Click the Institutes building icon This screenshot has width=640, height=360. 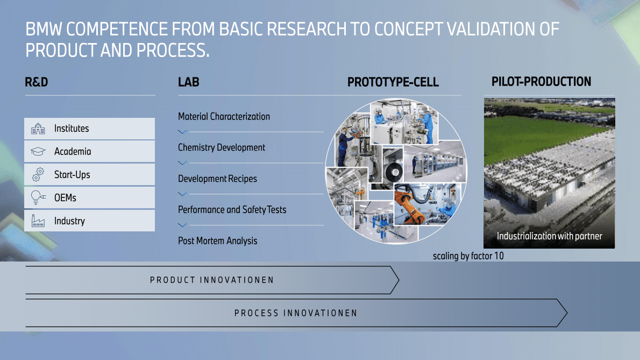coord(38,129)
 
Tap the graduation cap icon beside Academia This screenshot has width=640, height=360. coord(38,151)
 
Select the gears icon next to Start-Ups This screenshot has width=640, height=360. coord(38,174)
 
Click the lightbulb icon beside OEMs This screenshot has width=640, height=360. coord(38,197)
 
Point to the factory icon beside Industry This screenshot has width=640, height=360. coord(38,221)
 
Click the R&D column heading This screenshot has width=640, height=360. coord(37,82)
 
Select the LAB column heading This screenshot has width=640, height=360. coord(189,82)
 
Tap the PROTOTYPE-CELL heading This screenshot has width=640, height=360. coord(393,82)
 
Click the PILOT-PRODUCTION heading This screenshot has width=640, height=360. coord(541,82)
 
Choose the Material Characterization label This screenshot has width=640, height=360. coord(224,117)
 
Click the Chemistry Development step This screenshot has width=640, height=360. coord(222,148)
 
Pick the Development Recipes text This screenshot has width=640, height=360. coord(218,179)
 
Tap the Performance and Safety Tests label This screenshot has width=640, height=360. coord(232,210)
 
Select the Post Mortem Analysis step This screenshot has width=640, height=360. coord(218,241)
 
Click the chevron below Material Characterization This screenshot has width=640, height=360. coord(182,132)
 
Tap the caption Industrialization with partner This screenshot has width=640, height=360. coord(549,236)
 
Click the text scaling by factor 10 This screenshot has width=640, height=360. coord(468,256)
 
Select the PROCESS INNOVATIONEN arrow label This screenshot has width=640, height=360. coord(296,313)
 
